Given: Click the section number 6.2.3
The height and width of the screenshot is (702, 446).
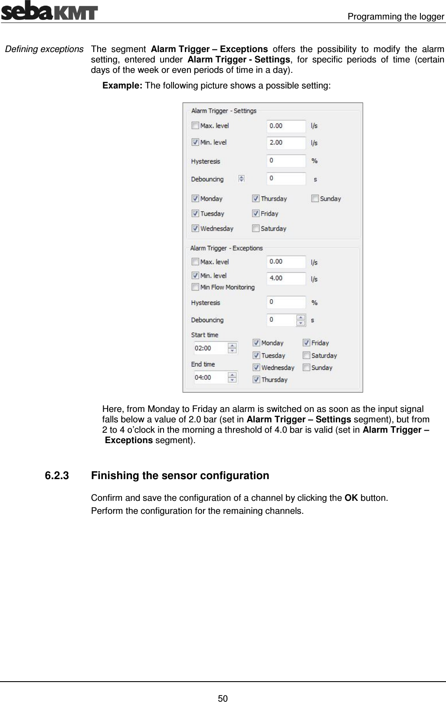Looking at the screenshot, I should (56, 476).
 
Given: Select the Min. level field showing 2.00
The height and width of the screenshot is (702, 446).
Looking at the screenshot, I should (286, 143).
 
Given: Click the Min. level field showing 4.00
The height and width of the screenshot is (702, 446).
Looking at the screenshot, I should (286, 278).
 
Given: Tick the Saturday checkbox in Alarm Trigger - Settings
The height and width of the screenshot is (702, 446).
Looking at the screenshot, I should (256, 229).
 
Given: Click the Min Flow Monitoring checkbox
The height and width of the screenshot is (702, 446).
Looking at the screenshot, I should (195, 287).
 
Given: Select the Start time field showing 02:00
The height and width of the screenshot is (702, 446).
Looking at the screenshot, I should (210, 348).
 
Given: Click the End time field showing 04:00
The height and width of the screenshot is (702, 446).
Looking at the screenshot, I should (210, 377).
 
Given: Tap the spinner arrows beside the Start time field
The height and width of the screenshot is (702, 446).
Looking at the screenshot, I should (233, 348).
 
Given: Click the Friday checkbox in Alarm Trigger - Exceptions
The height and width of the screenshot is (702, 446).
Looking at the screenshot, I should (306, 343).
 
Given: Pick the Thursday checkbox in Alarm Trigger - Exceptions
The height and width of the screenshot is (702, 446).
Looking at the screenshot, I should (256, 380).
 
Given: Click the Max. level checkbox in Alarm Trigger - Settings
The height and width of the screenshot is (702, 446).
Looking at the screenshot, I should (195, 126).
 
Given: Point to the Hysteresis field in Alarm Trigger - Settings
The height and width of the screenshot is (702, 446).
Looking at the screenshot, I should (286, 161).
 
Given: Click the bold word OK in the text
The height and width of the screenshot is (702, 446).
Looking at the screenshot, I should (351, 497).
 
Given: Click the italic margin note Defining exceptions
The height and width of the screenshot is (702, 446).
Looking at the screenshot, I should (43, 49).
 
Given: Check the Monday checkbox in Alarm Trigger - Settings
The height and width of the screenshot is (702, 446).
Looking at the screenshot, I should (195, 199).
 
